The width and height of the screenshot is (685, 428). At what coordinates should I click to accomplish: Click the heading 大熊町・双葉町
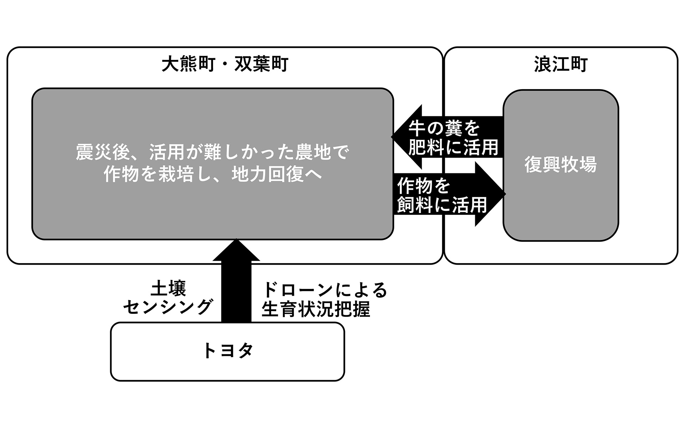tap(224, 65)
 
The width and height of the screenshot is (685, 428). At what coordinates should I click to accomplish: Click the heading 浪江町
tap(560, 65)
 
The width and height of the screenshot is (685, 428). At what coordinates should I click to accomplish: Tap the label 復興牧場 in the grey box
tap(560, 165)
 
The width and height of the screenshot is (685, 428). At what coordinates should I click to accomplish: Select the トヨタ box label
tap(227, 351)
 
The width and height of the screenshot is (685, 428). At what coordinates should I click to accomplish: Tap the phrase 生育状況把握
tap(316, 309)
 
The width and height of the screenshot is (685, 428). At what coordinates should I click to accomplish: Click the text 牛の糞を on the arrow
tap(445, 128)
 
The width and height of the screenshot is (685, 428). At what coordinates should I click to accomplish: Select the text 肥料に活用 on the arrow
tap(453, 147)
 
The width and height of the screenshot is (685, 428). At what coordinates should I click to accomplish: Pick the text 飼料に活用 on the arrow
tap(442, 204)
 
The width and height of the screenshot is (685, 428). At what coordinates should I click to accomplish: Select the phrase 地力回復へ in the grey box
tap(277, 174)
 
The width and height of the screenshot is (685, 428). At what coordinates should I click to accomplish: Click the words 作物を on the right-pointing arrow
tap(424, 185)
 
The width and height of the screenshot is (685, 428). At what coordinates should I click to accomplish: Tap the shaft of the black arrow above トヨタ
tap(236, 292)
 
